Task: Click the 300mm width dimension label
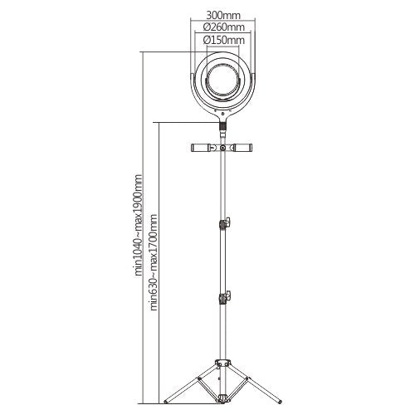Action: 226,14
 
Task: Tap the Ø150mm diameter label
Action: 226,39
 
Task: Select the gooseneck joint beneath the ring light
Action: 224,127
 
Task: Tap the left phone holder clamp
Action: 201,149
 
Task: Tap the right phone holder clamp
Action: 247,149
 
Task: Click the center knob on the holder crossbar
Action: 224,149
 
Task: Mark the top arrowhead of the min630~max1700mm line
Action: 159,122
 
